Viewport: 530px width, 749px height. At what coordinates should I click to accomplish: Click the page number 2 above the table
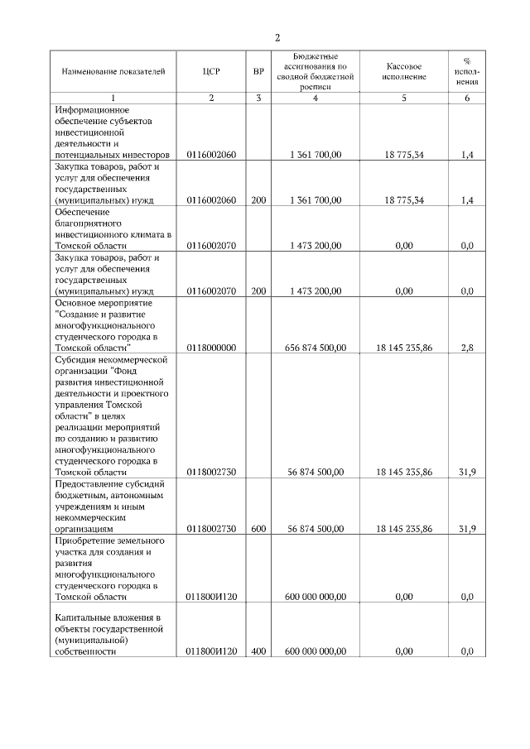pos(277,38)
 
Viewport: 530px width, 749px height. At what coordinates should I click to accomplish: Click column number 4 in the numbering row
pos(316,98)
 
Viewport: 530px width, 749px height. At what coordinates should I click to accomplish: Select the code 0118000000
pos(211,348)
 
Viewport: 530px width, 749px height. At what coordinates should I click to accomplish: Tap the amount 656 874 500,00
pos(316,348)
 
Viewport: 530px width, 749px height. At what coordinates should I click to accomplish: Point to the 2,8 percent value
pos(467,348)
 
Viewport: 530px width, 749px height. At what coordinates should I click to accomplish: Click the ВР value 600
pos(258,528)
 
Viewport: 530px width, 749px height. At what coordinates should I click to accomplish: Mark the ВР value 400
pos(258,651)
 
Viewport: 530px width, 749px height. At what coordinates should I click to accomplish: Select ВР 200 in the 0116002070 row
pos(258,290)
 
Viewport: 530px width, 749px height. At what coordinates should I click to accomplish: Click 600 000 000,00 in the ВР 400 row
pos(316,651)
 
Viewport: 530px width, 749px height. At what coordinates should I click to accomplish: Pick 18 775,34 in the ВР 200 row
pos(405,200)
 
